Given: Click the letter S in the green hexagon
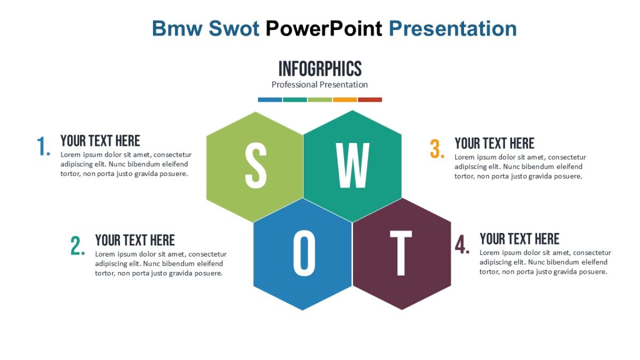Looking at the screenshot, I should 255,165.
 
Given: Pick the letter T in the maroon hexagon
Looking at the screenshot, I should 401,253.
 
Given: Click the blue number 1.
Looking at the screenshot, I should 44,147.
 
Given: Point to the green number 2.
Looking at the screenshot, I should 78,246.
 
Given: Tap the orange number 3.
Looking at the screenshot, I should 437,149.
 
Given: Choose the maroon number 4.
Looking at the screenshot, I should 462,245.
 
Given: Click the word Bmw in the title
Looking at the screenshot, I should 177,28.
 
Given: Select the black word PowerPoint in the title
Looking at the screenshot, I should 324,28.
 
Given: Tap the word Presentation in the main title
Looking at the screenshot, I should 453,28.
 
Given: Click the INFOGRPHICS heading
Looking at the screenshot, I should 320,69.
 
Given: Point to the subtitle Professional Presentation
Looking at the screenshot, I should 319,84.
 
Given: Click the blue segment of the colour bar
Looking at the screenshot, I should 270,100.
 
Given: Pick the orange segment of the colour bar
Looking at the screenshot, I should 345,100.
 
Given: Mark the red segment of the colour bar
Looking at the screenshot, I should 370,100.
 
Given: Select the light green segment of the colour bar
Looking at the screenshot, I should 320,100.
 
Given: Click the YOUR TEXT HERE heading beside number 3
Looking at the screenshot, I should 494,143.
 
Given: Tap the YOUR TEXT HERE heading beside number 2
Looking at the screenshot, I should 135,240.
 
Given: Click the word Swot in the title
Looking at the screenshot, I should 234,28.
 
